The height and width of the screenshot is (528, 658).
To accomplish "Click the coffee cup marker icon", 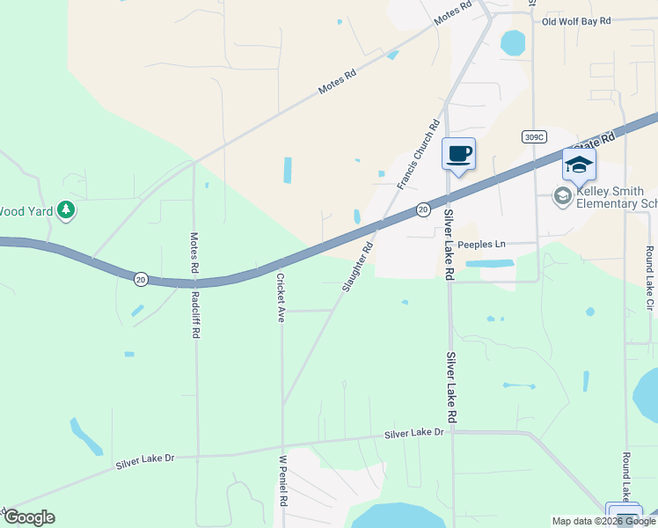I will point(458,155).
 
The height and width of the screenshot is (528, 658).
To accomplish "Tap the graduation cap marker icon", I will point(579,165).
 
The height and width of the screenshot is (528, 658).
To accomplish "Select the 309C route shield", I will point(534,136).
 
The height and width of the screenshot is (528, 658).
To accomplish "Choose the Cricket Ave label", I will point(281,297).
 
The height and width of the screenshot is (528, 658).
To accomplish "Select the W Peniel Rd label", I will point(283,480).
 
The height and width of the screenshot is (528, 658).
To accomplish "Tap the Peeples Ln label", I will point(482,244).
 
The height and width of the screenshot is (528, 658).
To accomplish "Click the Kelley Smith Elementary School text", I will point(616,197).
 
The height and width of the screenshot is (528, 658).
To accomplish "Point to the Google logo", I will point(29,517).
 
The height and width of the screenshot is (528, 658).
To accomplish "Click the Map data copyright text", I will point(604,521).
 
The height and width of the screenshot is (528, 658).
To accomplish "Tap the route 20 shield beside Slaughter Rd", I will point(423,209).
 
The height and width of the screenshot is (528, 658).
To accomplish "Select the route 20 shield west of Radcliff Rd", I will point(141,279).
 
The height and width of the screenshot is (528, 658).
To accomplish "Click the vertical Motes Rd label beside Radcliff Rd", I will point(194,251).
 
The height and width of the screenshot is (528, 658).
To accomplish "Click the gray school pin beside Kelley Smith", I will point(563,195).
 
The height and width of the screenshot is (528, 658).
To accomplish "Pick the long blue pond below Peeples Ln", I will point(489,263).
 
